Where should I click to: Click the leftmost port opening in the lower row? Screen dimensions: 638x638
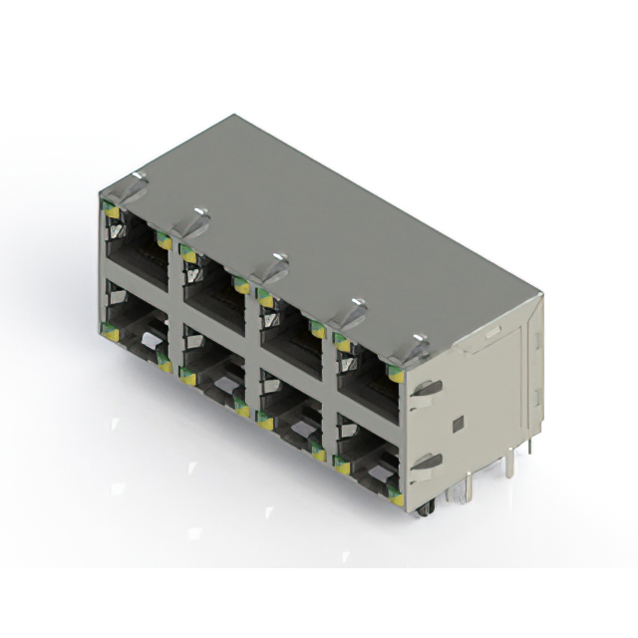coord(135,333)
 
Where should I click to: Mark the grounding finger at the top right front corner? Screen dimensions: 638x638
coord(416,348)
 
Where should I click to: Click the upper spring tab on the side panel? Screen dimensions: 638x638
coord(427,389)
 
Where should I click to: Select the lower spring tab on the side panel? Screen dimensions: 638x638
coord(427,463)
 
